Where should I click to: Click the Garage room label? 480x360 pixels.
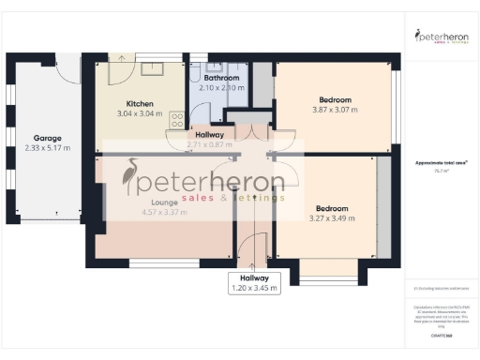click(x=47, y=138)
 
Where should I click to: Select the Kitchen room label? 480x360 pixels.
click(x=139, y=103)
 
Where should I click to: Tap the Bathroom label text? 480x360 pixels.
click(x=221, y=78)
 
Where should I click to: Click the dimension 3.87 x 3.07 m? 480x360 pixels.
click(x=334, y=110)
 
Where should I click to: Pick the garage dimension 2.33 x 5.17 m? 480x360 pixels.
click(x=47, y=147)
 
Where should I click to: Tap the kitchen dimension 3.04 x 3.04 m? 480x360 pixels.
click(x=139, y=113)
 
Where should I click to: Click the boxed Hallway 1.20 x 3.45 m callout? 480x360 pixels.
click(x=255, y=283)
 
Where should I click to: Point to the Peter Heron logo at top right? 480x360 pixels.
click(x=442, y=37)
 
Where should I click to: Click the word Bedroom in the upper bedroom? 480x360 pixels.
click(x=334, y=99)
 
